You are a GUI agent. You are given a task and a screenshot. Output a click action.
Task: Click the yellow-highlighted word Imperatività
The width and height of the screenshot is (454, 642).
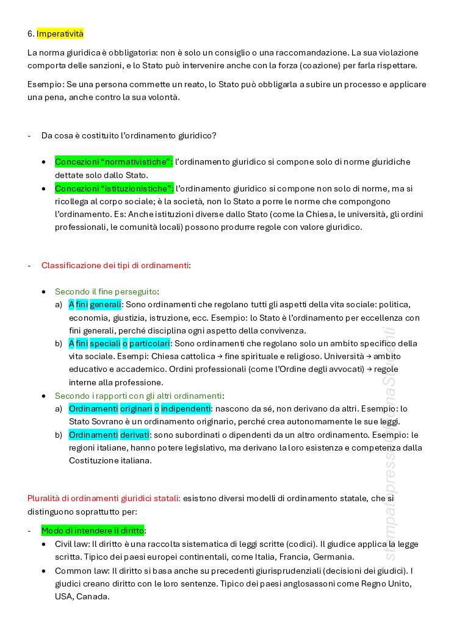point(60,34)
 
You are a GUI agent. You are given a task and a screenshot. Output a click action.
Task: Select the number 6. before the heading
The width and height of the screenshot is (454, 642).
point(31,34)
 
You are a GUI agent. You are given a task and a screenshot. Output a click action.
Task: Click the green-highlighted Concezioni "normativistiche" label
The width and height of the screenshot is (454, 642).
point(113,162)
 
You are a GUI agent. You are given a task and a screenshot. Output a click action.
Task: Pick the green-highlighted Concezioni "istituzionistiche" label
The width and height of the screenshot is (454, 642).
point(113,188)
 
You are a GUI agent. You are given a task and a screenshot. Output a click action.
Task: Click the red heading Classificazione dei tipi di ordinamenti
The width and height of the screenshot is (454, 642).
point(115,265)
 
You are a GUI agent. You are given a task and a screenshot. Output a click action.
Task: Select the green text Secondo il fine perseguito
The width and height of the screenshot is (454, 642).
point(106,292)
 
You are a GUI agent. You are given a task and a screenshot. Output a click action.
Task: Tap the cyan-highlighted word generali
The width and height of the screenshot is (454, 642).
point(106,304)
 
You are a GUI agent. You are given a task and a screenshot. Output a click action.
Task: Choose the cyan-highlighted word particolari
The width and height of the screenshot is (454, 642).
point(149,344)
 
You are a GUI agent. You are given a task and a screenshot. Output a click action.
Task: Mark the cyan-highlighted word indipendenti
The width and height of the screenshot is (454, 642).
point(186,408)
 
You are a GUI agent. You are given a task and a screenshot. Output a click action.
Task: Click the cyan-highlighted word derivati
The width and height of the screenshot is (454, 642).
point(134,435)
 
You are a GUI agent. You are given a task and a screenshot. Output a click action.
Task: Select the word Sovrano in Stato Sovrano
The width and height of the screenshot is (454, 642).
point(109,421)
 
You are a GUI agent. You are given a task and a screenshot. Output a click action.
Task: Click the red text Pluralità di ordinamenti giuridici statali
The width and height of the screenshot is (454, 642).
point(104,499)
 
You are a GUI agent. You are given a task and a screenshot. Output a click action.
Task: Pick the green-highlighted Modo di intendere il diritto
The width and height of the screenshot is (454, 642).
point(93,530)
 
